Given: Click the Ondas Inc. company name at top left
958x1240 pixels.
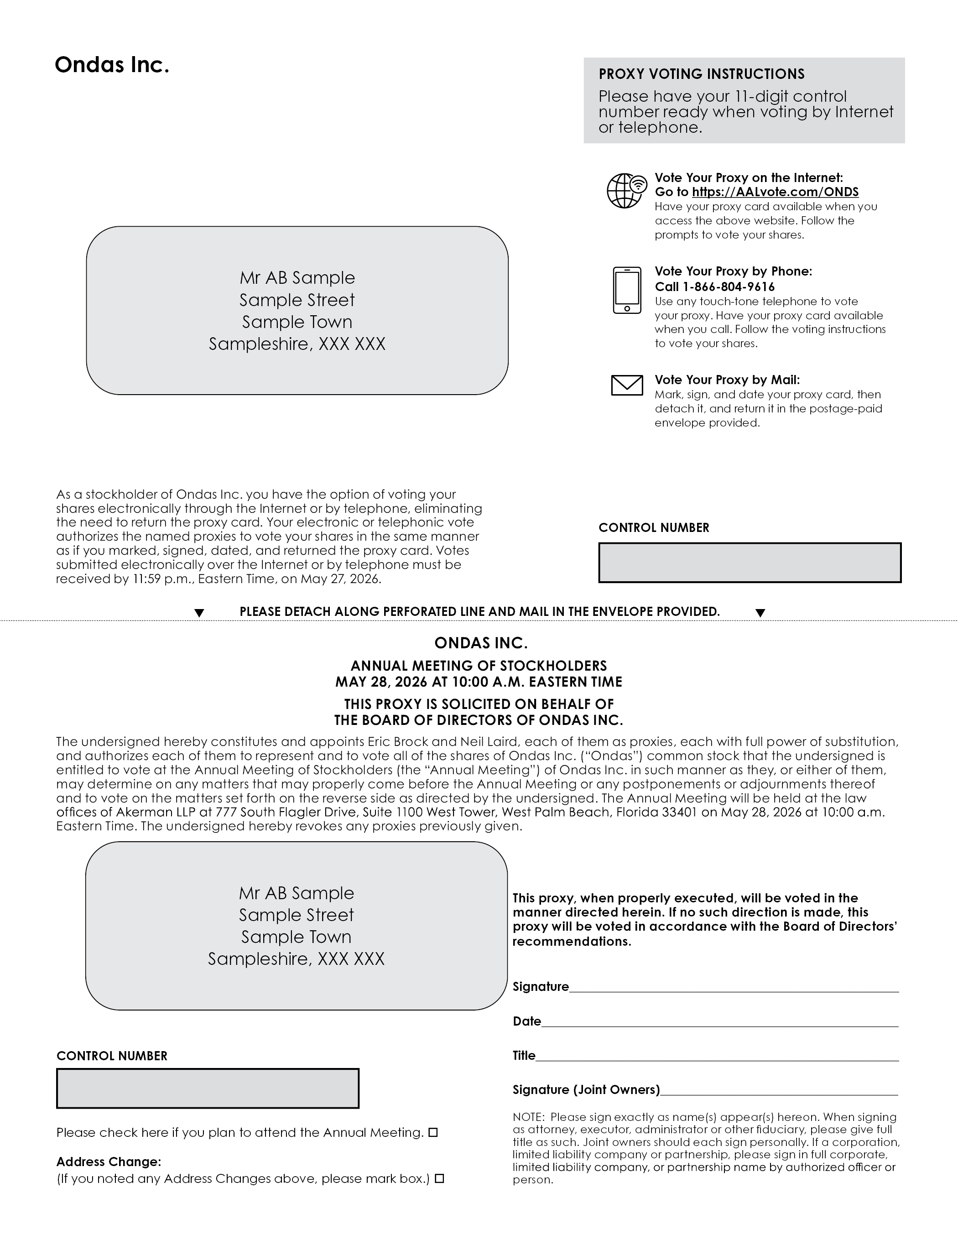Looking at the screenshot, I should pos(112,65).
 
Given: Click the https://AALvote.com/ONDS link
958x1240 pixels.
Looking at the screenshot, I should pos(775,192).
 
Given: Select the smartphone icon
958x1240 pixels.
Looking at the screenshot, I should pos(627,290).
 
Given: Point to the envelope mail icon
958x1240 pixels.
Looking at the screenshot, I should pos(627,385).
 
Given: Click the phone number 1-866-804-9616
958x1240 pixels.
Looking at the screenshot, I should pos(729,287).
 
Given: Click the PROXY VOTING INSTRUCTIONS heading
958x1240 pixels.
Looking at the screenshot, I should pos(701,74).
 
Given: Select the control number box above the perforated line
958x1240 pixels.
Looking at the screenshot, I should pos(750,563).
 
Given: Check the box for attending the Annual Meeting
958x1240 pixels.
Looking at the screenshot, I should pos(433,1133).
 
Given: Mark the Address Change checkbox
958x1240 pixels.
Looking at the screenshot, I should pos(439,1179).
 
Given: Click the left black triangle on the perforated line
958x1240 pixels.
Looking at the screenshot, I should pos(199,613).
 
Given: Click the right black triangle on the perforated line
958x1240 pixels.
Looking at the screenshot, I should pos(760,613).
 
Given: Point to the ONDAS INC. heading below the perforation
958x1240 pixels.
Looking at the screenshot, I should pos(480,643).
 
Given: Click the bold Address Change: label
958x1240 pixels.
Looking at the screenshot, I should pos(109,1162).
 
